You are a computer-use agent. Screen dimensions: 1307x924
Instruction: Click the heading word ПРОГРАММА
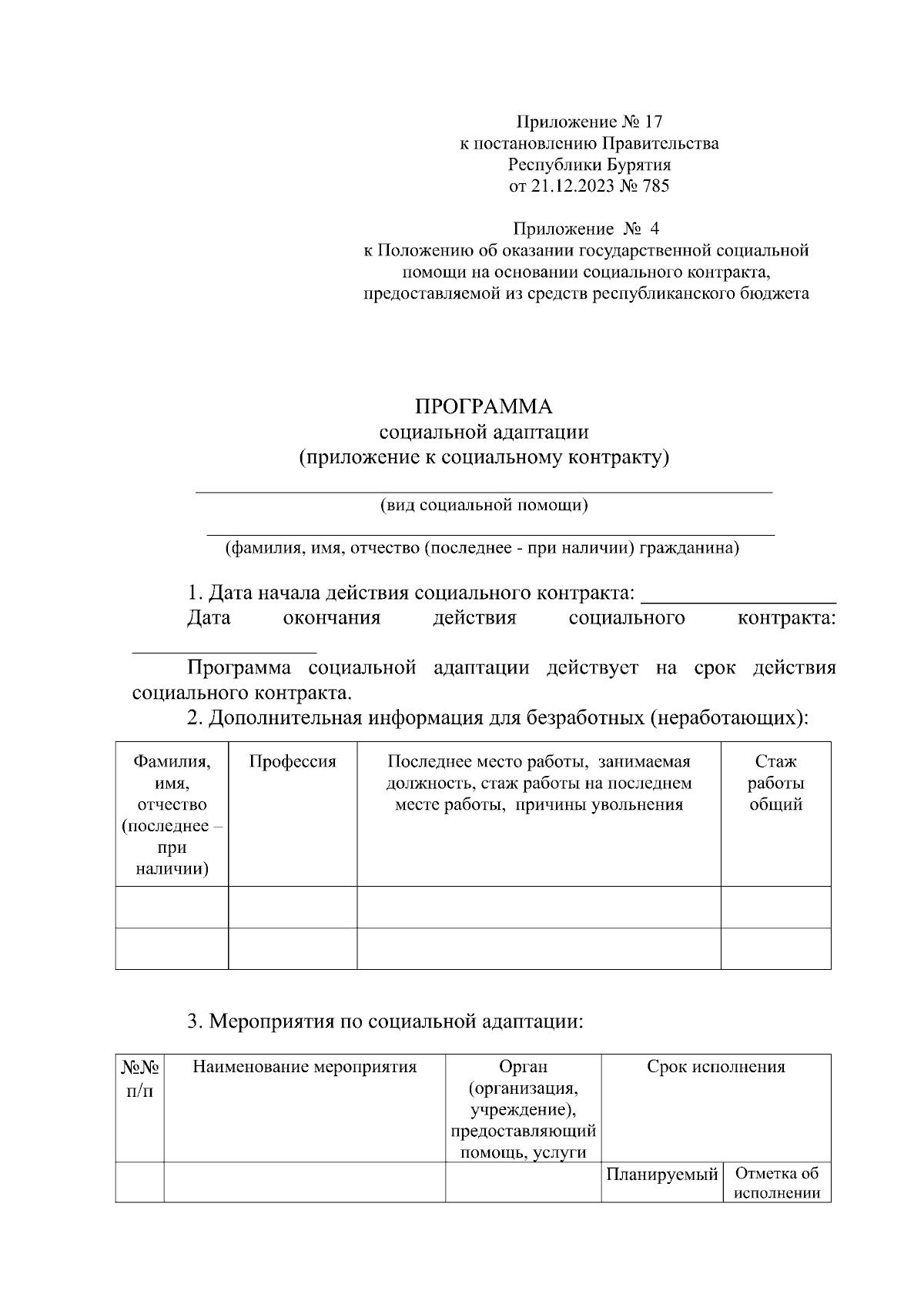point(484,406)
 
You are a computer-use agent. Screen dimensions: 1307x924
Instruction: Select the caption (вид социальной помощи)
point(484,505)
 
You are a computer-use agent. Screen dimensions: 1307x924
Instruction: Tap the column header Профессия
point(293,762)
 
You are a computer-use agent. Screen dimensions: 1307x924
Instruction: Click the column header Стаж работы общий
point(775,783)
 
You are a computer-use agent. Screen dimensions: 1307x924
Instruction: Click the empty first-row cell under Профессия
point(293,907)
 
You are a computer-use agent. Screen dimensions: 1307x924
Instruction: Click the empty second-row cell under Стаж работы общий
point(775,948)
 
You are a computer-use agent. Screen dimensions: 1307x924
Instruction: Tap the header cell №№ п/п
point(139,1078)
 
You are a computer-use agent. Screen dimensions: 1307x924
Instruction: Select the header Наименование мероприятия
point(304,1067)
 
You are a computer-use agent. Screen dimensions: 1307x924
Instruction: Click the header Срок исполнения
point(715,1067)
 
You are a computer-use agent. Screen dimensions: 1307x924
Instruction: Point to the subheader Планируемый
point(661,1175)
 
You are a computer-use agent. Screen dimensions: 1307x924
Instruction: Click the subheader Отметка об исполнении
point(777,1184)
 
